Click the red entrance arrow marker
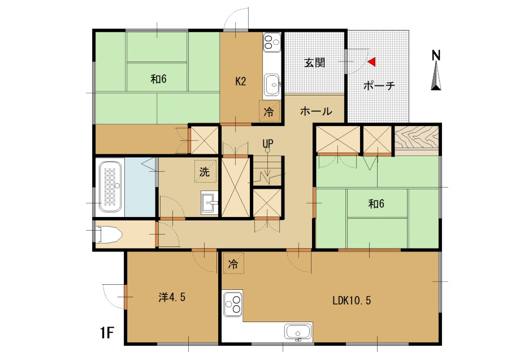point(372,62)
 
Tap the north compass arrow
point(436,77)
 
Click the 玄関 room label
point(314,63)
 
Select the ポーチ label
point(379,86)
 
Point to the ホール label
point(316,111)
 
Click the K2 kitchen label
point(241,81)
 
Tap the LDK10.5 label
point(352,301)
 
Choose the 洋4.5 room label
point(172,297)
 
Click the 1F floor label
point(107,333)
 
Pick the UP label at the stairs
point(268,144)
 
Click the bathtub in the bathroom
point(110,186)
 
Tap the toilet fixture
point(107,235)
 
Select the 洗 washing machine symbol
point(205,171)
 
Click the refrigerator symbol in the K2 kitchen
point(269,111)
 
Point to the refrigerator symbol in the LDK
point(233,264)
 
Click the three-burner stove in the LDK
point(232,304)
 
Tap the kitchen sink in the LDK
point(298,332)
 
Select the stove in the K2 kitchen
point(272,42)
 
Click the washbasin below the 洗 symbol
point(209,202)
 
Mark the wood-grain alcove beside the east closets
point(417,138)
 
